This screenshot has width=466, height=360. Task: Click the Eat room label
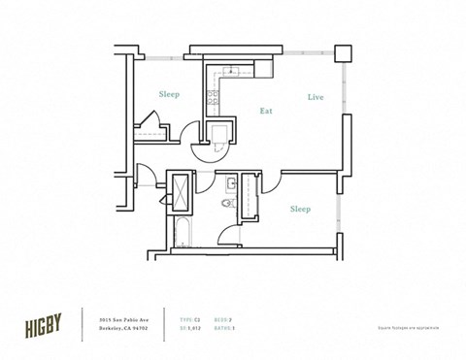(265, 112)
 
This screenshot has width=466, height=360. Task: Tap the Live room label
(315, 97)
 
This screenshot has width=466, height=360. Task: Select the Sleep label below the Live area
(300, 209)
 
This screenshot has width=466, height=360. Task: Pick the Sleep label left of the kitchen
(170, 95)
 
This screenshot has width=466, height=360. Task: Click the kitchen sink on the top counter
(230, 71)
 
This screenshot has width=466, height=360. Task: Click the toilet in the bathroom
(227, 205)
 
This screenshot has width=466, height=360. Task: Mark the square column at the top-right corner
(342, 52)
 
